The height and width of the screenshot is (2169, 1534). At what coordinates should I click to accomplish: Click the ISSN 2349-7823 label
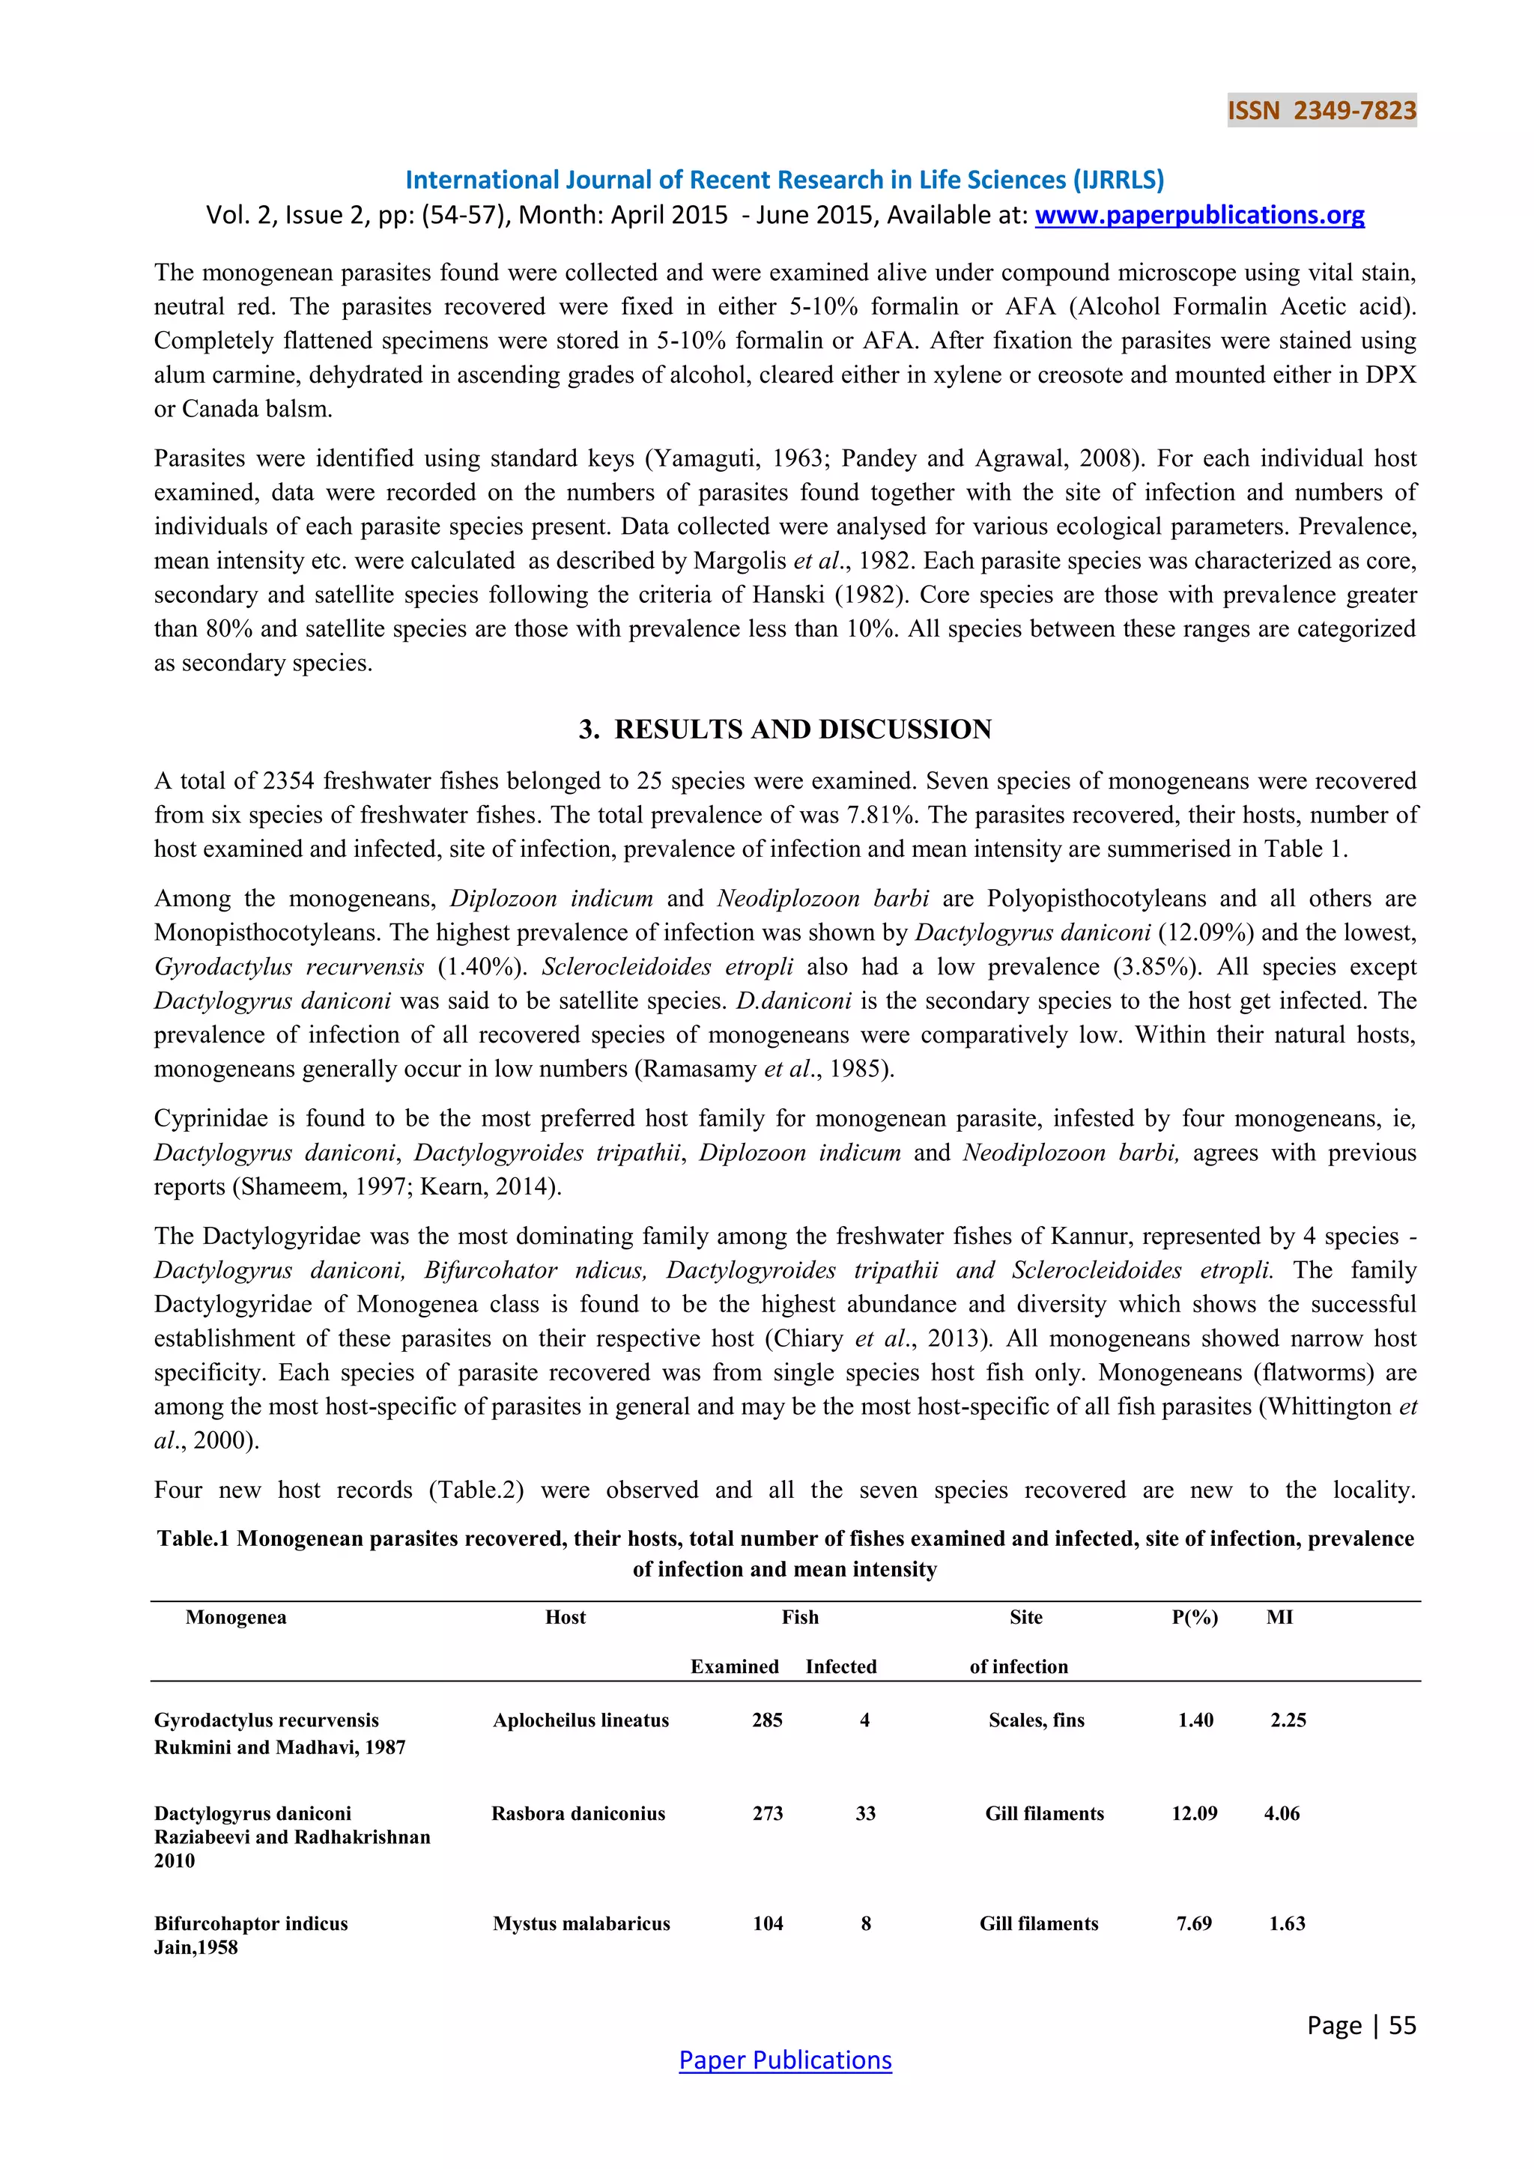click(1321, 111)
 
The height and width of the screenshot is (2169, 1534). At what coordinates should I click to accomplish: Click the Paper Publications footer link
click(785, 2060)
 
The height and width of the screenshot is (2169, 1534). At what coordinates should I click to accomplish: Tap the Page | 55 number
click(1361, 2024)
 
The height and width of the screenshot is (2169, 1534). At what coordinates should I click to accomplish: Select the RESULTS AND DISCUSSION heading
click(785, 729)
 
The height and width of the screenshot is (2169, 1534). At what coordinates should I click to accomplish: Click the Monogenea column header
click(235, 1617)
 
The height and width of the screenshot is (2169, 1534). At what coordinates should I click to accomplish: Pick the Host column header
click(565, 1617)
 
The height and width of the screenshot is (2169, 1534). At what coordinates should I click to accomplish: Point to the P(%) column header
click(1194, 1617)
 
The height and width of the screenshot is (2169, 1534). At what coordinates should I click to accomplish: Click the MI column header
click(1279, 1617)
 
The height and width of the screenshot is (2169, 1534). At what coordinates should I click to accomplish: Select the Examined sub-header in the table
click(734, 1666)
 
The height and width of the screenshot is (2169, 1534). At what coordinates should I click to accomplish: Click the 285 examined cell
click(767, 1720)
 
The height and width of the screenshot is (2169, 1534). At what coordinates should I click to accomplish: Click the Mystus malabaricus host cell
click(581, 1923)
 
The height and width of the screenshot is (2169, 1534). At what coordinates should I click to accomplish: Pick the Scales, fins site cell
click(1036, 1720)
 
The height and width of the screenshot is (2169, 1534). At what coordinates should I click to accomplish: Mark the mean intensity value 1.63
click(1287, 1923)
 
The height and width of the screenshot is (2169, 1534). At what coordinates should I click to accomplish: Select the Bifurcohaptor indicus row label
click(250, 1923)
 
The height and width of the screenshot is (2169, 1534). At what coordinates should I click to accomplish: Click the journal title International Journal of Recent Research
click(784, 180)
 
